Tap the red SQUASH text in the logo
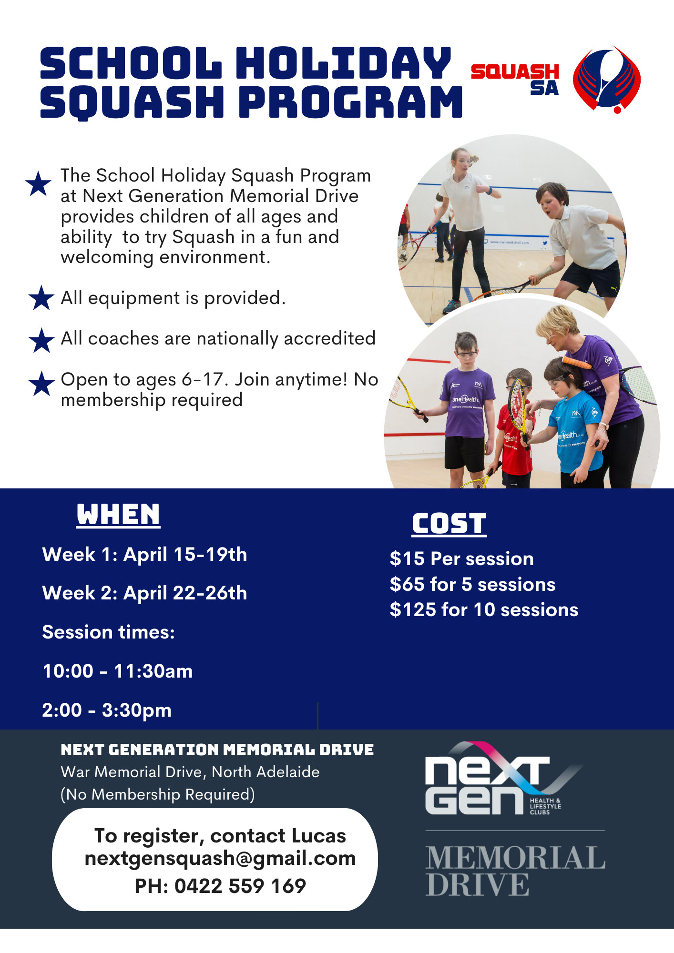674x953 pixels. tap(515, 71)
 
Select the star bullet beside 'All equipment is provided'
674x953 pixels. tap(41, 298)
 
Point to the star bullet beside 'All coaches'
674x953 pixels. tap(41, 340)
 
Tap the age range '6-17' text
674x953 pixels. tap(203, 380)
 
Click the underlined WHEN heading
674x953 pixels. tap(118, 515)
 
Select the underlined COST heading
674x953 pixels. tap(449, 524)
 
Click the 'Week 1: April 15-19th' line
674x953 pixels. tap(144, 555)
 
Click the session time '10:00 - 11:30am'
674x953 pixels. tap(118, 671)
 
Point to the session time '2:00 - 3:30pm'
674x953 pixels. tap(107, 710)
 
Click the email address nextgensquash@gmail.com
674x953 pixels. tap(220, 859)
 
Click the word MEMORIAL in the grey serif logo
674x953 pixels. tap(515, 858)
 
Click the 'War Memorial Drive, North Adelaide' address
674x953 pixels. tap(190, 772)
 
